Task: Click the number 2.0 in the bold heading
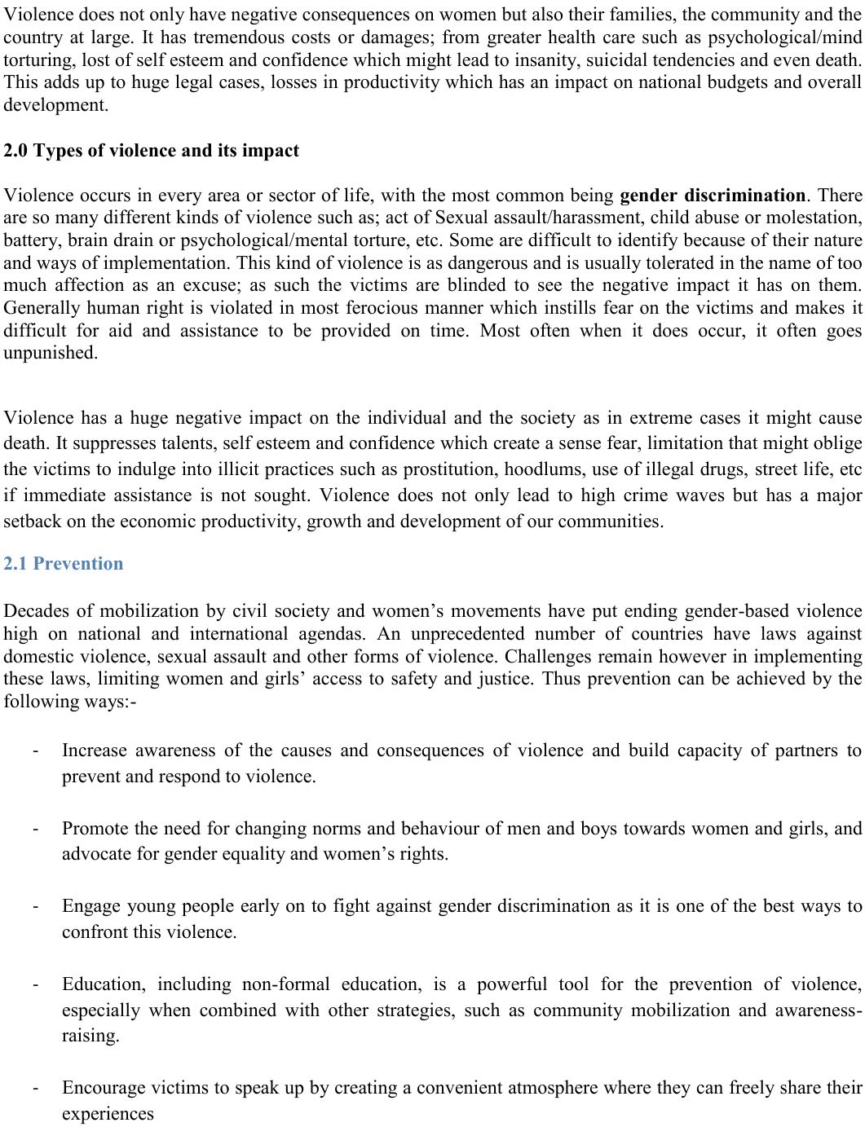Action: click(16, 151)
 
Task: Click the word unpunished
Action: click(51, 353)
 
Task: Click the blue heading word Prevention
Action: click(78, 564)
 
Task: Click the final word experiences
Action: click(108, 1114)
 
